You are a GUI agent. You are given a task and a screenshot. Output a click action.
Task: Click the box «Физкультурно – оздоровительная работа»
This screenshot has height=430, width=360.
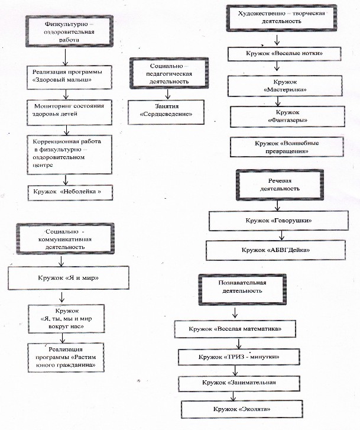69,31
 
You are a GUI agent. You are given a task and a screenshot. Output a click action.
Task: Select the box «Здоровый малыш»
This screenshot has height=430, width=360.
69,77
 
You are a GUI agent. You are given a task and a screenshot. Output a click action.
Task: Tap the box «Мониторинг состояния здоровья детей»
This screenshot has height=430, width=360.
69,112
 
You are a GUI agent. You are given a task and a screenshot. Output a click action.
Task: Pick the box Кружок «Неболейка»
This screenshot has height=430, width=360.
70,193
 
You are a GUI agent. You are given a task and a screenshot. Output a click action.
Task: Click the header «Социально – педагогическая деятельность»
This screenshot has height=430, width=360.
169,73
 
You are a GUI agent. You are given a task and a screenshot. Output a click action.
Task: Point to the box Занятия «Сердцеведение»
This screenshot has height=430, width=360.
166,112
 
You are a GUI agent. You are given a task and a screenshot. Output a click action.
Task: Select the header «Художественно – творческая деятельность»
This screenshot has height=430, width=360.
281,18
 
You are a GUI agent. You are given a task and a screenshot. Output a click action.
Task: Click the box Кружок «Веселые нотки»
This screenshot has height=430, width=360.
284,54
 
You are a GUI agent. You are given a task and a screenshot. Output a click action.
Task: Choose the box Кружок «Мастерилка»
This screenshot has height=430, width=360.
285,86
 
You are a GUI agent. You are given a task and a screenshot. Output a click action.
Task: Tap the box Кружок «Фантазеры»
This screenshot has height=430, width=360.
287,117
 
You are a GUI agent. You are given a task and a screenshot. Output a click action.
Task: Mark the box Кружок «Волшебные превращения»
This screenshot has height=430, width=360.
287,147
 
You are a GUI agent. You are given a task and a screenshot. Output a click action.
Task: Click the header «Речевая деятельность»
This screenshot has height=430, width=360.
280,185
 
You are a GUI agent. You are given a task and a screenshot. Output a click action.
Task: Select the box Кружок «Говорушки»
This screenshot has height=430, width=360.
278,221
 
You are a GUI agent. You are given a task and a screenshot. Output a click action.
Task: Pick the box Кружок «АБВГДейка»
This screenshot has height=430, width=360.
275,250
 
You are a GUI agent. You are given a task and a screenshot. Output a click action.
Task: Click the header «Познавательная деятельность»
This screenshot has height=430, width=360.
242,289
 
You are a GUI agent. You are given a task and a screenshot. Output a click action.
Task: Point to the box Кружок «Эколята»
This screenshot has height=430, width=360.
242,409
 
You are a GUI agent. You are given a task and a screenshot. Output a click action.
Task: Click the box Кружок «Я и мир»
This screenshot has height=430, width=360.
68,278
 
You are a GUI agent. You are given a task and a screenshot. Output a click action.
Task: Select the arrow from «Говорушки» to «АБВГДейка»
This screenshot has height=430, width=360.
281,235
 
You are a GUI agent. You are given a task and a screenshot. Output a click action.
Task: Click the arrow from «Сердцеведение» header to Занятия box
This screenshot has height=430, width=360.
168,94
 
